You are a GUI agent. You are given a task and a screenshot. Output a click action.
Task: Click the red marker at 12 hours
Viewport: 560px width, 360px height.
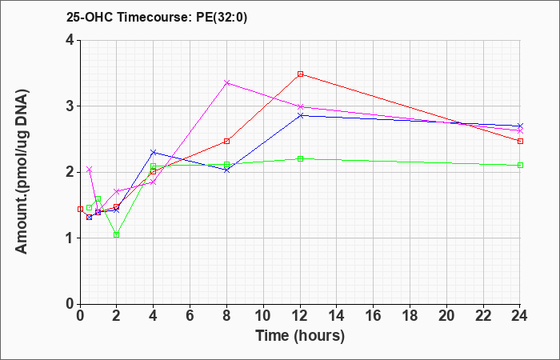tap(300, 74)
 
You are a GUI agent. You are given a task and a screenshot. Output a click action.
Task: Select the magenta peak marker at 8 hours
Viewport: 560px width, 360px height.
tap(227, 82)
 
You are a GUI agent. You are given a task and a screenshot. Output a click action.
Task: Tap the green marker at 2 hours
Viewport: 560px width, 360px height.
tap(117, 234)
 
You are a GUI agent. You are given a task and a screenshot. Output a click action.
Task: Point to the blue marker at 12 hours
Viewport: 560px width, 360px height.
tap(300, 115)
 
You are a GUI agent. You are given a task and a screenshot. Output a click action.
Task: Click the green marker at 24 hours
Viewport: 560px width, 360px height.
tap(520, 165)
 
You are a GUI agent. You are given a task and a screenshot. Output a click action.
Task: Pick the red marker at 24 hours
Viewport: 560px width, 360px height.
tap(520, 141)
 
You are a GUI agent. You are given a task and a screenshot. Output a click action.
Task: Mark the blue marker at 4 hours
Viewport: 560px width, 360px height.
tap(154, 152)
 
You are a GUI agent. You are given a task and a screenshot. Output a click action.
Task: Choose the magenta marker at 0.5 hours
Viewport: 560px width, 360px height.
tap(90, 170)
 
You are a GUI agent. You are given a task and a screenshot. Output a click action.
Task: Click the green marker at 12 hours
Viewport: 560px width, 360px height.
tap(300, 158)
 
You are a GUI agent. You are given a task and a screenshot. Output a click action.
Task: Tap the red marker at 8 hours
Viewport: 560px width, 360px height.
tap(227, 141)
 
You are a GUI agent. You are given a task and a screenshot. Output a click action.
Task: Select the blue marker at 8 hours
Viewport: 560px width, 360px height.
tap(227, 170)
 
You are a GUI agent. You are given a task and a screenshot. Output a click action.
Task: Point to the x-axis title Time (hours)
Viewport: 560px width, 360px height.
tap(300, 335)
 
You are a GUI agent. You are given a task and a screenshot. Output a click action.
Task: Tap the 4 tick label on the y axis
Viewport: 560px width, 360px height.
tap(70, 40)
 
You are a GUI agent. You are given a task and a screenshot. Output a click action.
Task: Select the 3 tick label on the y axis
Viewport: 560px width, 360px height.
tap(70, 106)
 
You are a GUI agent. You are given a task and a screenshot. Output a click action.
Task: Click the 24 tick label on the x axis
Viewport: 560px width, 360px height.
tap(520, 316)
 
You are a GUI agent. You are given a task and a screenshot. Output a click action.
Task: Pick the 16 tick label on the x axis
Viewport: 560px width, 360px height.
tap(374, 316)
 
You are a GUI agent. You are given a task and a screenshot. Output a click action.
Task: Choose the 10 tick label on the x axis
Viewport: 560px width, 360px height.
tap(263, 316)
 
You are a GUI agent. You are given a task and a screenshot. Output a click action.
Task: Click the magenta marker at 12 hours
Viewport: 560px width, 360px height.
tap(300, 106)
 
